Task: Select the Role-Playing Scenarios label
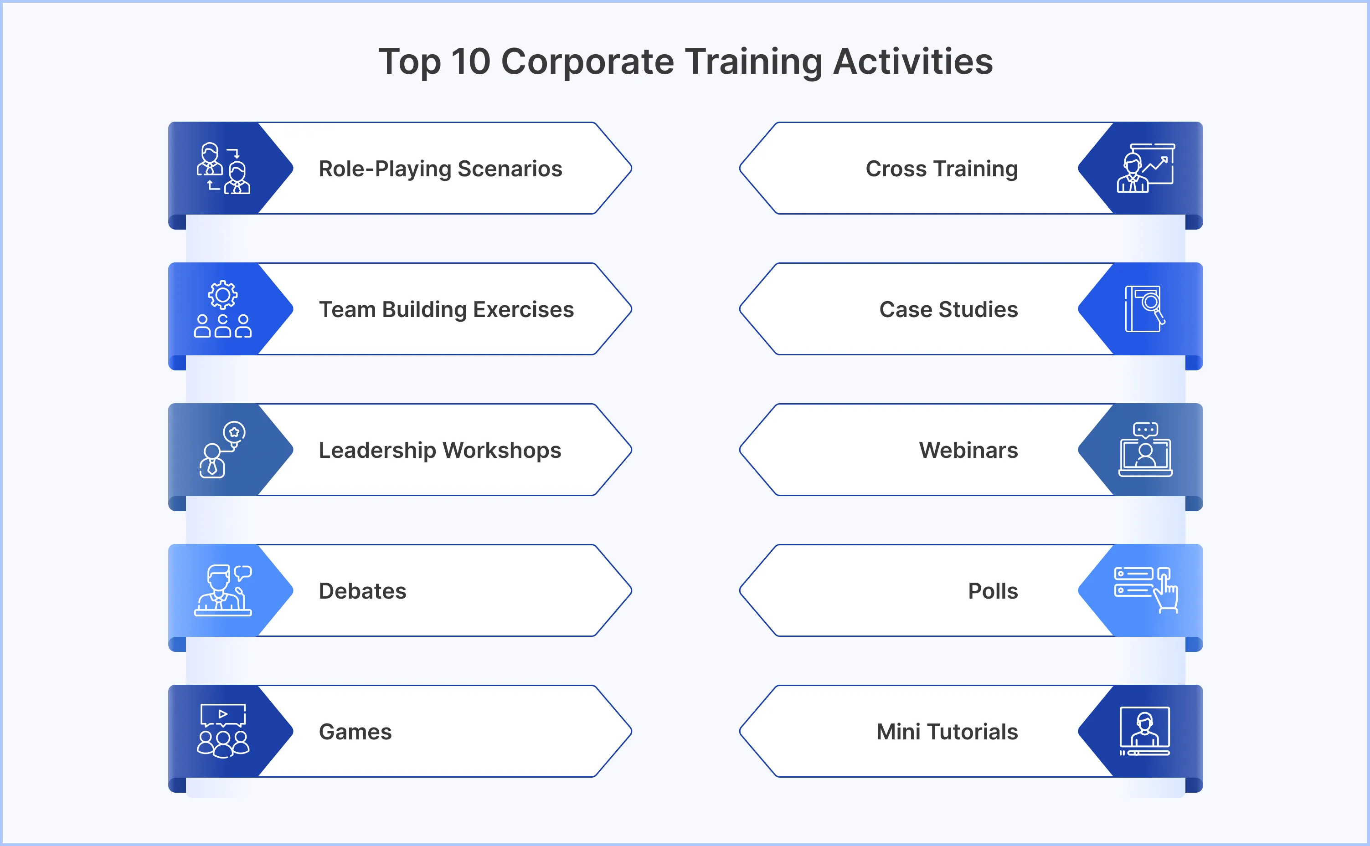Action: (x=440, y=169)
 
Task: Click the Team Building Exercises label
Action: (x=446, y=309)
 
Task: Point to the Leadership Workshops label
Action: (x=439, y=451)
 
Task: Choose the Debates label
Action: (x=362, y=591)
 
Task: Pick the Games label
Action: (x=355, y=732)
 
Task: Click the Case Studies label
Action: (x=948, y=309)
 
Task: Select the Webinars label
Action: (x=968, y=451)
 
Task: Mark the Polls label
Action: (x=993, y=591)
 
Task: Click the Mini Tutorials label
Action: (x=947, y=732)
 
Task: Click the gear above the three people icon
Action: (x=223, y=294)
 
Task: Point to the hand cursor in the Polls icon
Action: (x=1166, y=593)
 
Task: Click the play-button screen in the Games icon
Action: (x=223, y=714)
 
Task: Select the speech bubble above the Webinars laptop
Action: (x=1145, y=430)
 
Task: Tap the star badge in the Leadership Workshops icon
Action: (x=234, y=432)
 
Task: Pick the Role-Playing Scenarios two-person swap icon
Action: (x=223, y=169)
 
